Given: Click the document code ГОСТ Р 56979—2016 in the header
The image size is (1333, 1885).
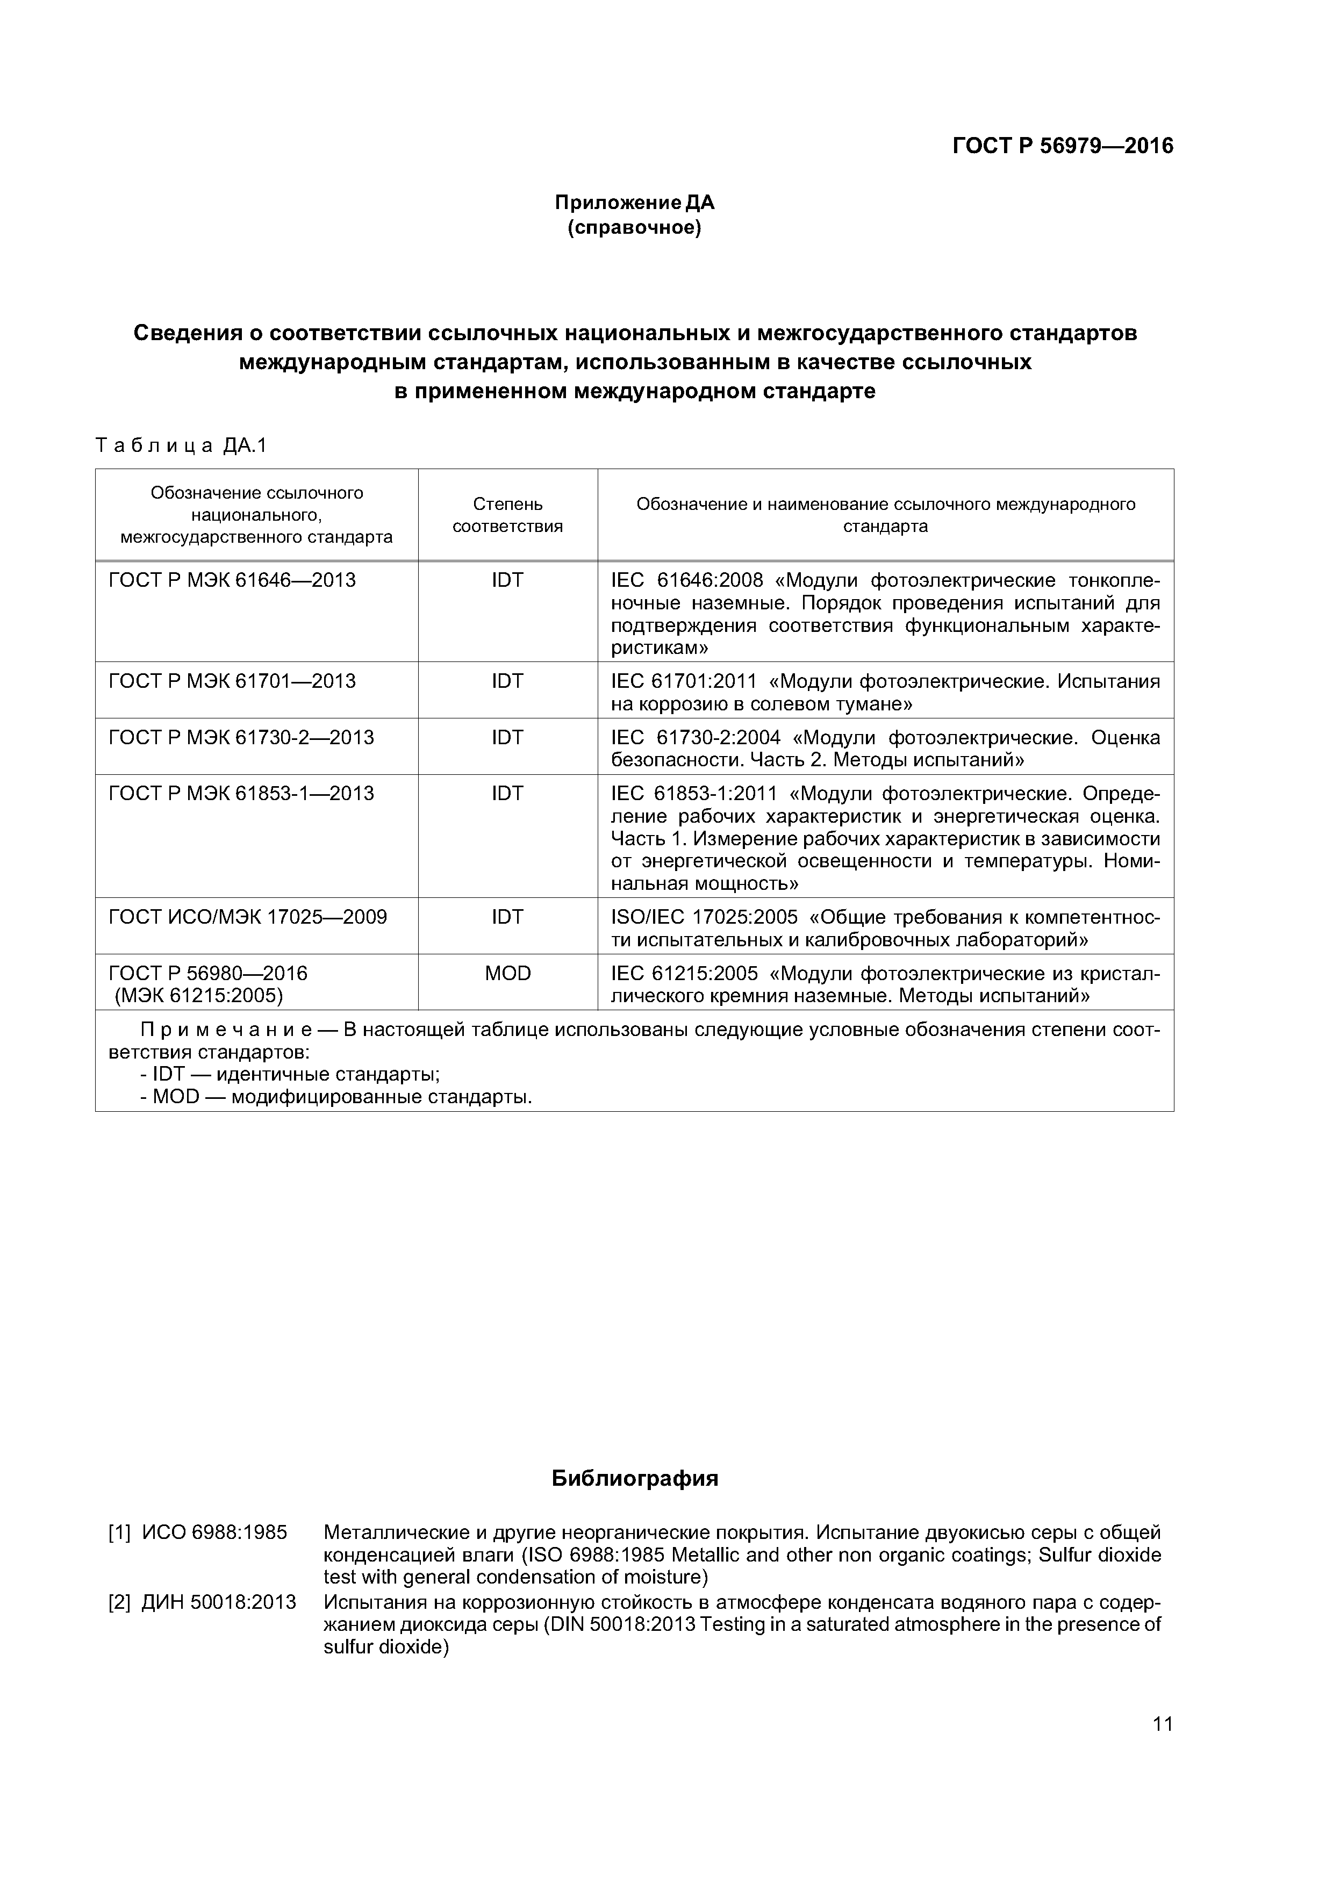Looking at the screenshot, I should [1062, 146].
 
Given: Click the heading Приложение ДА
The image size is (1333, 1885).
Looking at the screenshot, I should [634, 202].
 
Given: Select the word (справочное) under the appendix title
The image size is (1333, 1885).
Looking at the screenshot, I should [634, 227].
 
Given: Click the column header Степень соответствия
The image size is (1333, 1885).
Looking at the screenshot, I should [507, 515].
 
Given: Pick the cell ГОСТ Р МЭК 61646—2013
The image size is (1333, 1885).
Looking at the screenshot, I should [232, 580].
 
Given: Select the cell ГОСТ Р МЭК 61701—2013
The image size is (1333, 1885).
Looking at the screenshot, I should [232, 681].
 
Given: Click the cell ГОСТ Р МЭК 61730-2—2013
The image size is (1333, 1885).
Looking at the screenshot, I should [241, 737].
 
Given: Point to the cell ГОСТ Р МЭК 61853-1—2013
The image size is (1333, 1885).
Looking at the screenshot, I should [241, 793].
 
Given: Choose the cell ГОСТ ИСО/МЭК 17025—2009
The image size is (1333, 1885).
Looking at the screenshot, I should [248, 917].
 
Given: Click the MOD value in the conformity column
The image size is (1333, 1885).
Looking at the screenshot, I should [507, 973].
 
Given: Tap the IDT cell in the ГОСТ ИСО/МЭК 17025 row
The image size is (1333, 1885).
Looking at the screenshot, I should [507, 917].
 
